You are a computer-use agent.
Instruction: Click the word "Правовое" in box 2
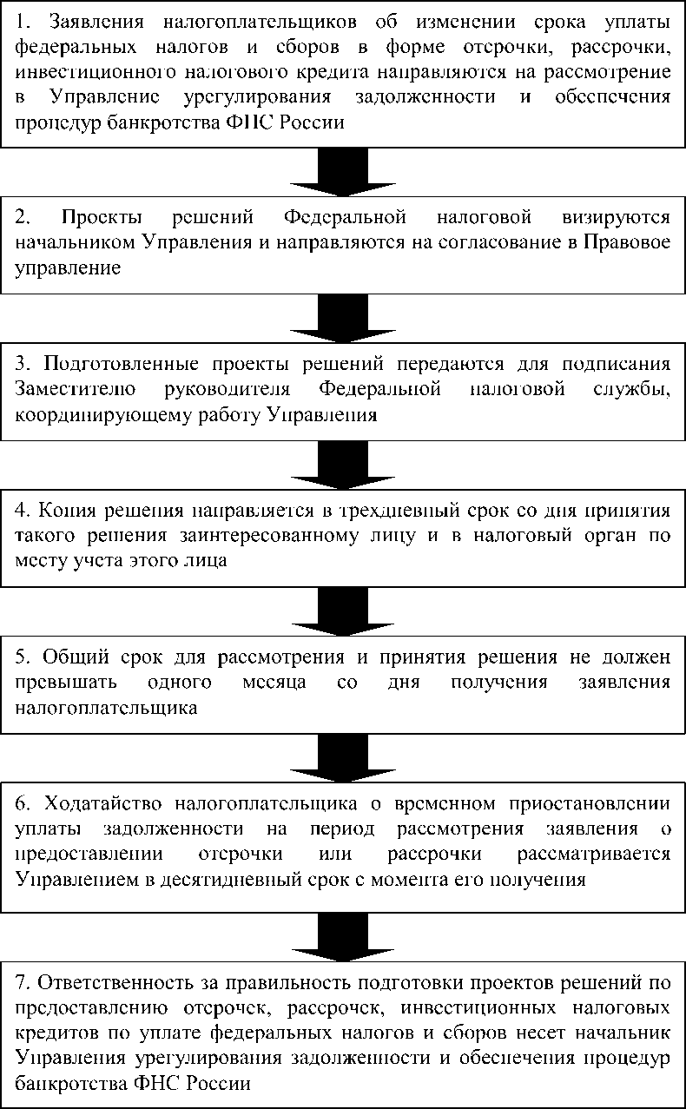631,242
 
